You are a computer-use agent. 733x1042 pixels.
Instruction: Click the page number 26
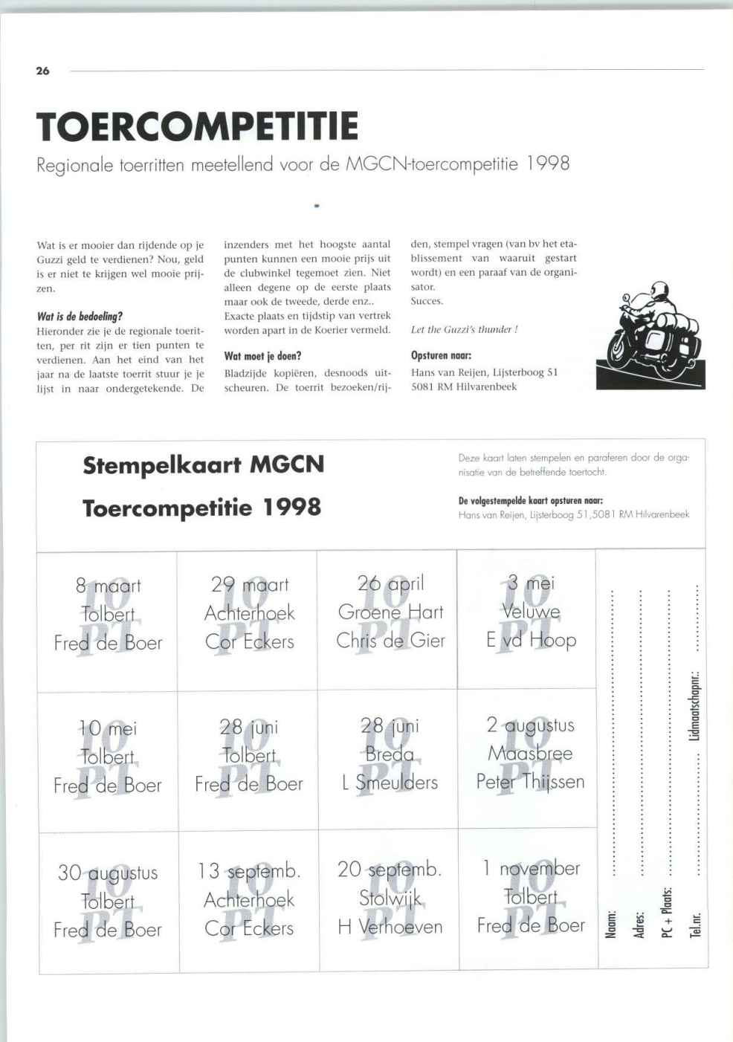(x=42, y=71)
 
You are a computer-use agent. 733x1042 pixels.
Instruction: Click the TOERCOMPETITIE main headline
(x=197, y=126)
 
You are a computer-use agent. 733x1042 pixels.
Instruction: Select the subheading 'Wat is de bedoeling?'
(x=80, y=316)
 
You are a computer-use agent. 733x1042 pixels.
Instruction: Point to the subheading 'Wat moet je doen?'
(x=262, y=356)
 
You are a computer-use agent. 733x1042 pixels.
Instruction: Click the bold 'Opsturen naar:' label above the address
(x=441, y=355)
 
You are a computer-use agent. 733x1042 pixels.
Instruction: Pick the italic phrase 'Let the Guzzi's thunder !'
(x=464, y=329)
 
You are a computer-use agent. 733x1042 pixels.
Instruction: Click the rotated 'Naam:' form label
(x=610, y=924)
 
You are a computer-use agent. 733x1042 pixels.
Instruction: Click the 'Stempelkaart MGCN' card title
(x=204, y=465)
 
